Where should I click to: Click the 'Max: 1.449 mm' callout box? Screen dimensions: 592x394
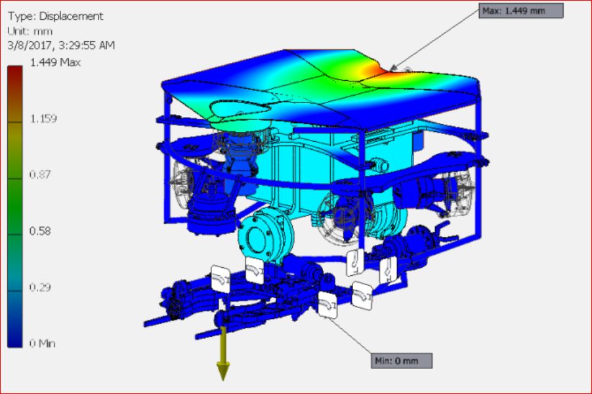point(521,11)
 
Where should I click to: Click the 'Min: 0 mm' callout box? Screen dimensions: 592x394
point(402,361)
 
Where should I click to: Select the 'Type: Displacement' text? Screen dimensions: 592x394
point(55,16)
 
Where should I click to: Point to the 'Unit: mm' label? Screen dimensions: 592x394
point(30,31)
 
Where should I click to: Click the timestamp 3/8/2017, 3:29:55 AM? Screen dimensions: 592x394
point(61,45)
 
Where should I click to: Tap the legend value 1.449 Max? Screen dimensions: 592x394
point(55,62)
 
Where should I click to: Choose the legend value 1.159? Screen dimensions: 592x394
point(43,119)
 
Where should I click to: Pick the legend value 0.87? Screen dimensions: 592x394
point(39,175)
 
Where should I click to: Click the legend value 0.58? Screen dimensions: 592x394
point(39,230)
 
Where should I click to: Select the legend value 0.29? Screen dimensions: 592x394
point(39,287)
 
